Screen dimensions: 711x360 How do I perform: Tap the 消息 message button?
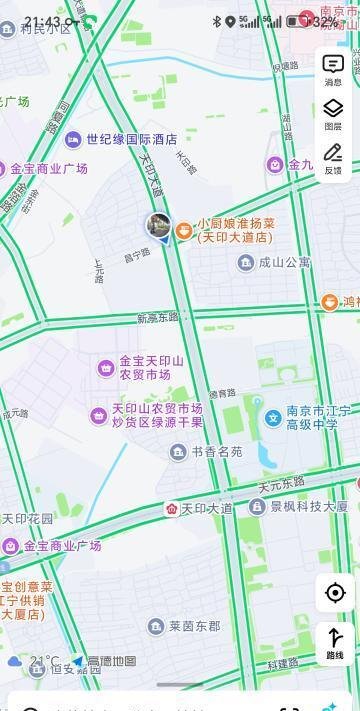pos(333,69)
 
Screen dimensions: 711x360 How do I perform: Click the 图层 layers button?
pos(333,113)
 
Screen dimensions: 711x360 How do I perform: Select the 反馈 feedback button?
pos(333,157)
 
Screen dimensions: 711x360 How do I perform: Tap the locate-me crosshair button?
pos(335,593)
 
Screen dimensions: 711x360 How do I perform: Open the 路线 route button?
pos(335,641)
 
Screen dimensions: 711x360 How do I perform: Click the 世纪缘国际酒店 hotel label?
pos(130,140)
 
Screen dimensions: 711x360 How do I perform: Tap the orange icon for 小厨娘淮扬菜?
pos(184,231)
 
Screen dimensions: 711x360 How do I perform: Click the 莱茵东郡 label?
pos(194,627)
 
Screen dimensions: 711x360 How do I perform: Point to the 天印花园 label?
pos(27,520)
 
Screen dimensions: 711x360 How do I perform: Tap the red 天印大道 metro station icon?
pos(172,509)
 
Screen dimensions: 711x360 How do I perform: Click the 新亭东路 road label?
pos(158,318)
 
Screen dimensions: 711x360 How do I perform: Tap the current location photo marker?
pos(158,225)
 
